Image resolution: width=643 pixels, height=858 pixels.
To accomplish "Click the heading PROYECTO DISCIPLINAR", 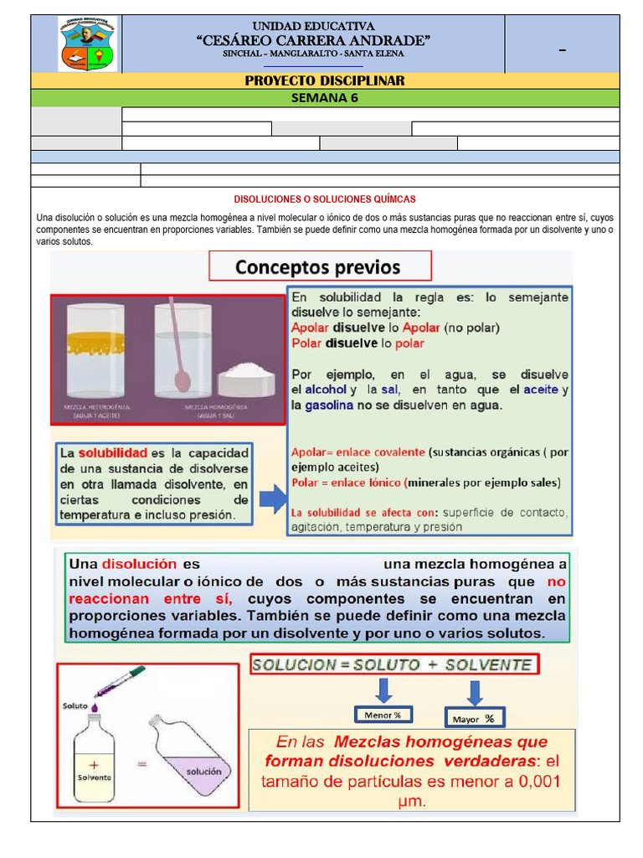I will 325,80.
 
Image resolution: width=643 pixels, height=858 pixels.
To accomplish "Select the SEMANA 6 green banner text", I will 325,96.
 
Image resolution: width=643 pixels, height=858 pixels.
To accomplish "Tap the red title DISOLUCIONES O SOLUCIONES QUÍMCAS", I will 325,199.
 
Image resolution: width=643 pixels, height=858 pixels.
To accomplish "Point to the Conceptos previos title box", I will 318,267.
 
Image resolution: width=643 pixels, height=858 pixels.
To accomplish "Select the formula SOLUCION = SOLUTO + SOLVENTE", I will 394,665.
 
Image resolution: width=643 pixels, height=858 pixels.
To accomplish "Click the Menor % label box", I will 383,715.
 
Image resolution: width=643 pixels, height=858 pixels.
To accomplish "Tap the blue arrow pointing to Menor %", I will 383,690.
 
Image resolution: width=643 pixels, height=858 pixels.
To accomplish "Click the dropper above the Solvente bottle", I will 118,682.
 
